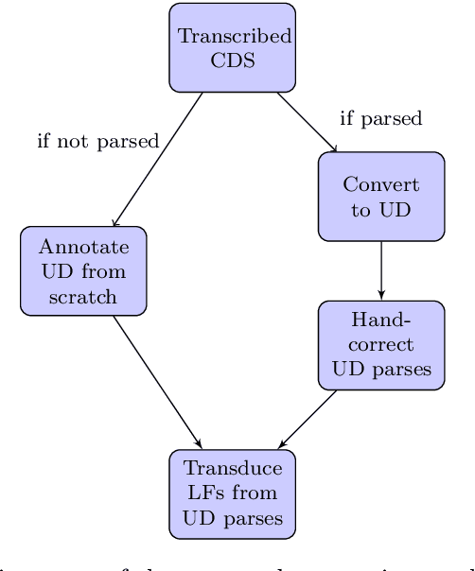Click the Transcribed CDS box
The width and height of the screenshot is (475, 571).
pos(233,47)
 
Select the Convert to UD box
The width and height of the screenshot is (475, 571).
pos(380,197)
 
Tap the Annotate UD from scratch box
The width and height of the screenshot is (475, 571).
pos(83,271)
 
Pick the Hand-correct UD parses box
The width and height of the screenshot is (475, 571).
pos(380,345)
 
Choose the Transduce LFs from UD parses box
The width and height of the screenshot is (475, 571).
pos(233,493)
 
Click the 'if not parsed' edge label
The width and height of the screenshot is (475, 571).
pos(97,142)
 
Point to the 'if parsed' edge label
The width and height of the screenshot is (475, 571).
pos(380,119)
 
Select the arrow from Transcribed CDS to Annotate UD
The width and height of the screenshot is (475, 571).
pos(159,159)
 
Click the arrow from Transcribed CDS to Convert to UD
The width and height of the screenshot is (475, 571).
pos(308,122)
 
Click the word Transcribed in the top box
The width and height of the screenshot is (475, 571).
pos(235,37)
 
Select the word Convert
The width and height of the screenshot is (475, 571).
pos(380,185)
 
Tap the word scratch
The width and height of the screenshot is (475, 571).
pos(83,296)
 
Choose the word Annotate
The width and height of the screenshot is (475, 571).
pos(83,248)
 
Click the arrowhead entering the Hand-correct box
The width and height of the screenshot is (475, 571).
pos(380,295)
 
